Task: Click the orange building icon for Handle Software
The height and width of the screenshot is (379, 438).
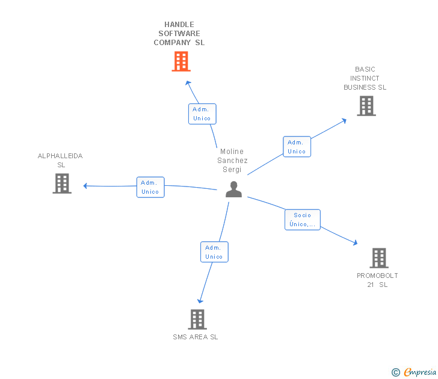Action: (x=181, y=61)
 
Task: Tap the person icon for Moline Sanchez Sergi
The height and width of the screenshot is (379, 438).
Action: (x=233, y=189)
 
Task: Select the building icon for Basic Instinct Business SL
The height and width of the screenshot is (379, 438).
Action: (x=366, y=106)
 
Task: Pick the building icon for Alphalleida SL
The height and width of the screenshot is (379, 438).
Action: (x=62, y=183)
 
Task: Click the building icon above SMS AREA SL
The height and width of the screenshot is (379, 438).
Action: (x=197, y=319)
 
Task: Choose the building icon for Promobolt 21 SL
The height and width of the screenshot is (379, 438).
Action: (x=378, y=258)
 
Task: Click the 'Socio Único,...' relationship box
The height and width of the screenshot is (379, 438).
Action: (x=303, y=220)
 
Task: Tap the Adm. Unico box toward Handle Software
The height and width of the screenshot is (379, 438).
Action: (x=202, y=114)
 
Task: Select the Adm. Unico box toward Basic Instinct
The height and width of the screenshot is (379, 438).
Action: (x=297, y=147)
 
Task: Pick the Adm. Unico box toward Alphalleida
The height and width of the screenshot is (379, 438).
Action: (x=150, y=187)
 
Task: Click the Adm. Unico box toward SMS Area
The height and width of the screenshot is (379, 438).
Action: (x=214, y=252)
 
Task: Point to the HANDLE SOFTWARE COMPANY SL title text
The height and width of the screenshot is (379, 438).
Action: (x=179, y=34)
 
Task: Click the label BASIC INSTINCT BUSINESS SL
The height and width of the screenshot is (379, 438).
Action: (x=365, y=78)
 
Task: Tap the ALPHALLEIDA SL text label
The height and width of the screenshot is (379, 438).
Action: (x=60, y=161)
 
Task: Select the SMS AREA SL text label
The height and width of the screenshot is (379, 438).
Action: (x=196, y=337)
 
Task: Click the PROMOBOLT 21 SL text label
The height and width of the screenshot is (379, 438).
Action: (x=377, y=280)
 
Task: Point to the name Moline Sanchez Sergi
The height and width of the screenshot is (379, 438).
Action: (x=232, y=161)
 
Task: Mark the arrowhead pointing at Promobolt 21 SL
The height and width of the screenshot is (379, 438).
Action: (x=356, y=243)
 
